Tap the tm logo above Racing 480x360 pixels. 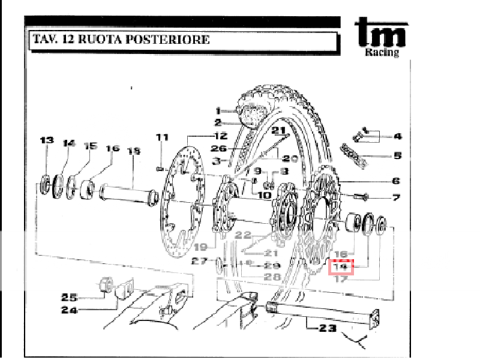pos(381,32)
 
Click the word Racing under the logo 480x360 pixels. pos(382,52)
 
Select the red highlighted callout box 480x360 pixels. pos(341,267)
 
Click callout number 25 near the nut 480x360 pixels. pos(69,297)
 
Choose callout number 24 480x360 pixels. pos(69,310)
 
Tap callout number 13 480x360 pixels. pos(47,140)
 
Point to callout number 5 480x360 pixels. pos(397,157)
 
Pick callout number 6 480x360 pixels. pos(396,181)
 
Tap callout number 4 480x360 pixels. pos(397,136)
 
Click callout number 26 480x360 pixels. pos(218,149)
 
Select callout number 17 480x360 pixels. pos(341,278)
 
